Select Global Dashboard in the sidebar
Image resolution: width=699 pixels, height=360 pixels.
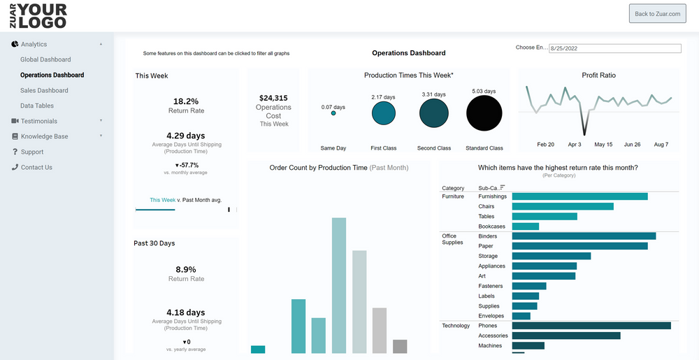pyautogui.click(x=45, y=59)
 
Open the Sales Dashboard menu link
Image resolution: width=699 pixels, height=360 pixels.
pyautogui.click(x=44, y=90)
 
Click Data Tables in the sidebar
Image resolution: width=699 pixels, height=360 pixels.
pyautogui.click(x=37, y=106)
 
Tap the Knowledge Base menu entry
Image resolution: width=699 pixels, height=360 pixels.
pyautogui.click(x=44, y=136)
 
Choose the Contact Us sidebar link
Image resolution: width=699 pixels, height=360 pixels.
pyautogui.click(x=36, y=167)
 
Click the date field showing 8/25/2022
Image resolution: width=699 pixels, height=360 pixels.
pyautogui.click(x=614, y=49)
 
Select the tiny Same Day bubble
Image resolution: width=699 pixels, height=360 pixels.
pyautogui.click(x=333, y=113)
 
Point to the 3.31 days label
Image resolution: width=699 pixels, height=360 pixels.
pyautogui.click(x=433, y=94)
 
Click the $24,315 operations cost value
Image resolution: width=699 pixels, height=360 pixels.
pyautogui.click(x=273, y=99)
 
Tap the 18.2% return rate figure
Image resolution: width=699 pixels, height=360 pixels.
pyautogui.click(x=186, y=101)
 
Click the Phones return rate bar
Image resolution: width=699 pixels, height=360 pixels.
pyautogui.click(x=591, y=326)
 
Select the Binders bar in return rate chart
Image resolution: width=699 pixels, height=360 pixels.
pyautogui.click(x=584, y=236)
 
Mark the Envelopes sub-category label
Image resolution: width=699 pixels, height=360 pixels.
pyautogui.click(x=491, y=316)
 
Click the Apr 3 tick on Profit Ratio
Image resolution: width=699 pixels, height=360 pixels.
pyautogui.click(x=575, y=145)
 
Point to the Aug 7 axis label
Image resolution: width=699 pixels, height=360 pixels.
pyautogui.click(x=661, y=145)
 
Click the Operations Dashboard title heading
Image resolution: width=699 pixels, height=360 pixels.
pyautogui.click(x=408, y=53)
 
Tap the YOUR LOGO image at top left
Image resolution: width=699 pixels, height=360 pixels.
pyautogui.click(x=38, y=15)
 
